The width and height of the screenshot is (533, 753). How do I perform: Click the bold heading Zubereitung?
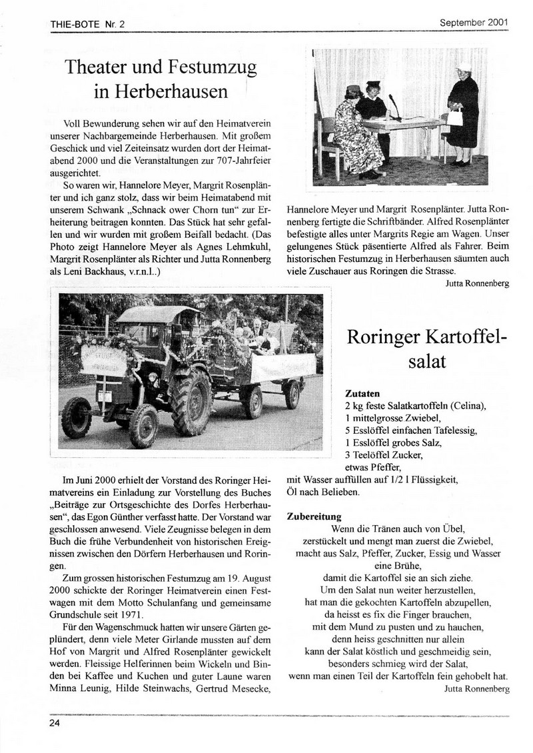click(314, 516)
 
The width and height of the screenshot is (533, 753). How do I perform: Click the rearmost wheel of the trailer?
click(291, 394)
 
